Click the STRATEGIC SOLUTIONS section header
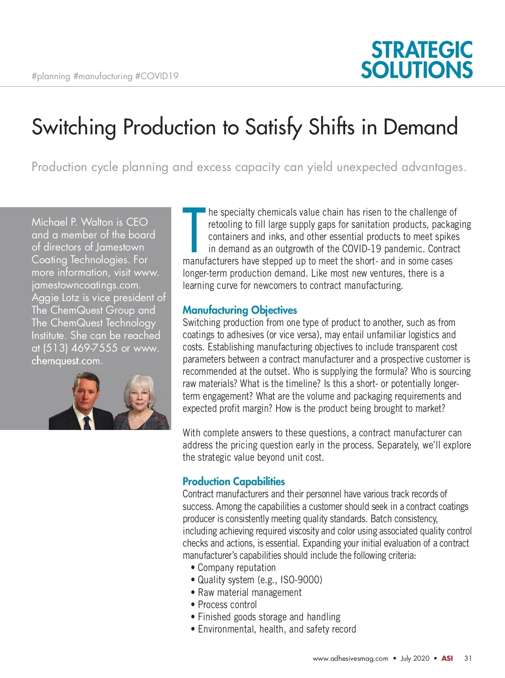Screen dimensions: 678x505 click(x=417, y=60)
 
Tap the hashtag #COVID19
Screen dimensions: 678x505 click(x=157, y=76)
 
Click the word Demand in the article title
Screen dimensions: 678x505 click(x=420, y=127)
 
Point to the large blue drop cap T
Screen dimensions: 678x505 click(x=194, y=229)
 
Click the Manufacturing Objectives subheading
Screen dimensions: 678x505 click(x=239, y=310)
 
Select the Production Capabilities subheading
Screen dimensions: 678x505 click(x=234, y=481)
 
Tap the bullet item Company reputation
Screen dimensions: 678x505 click(x=237, y=568)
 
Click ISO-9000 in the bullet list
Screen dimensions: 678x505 click(x=301, y=580)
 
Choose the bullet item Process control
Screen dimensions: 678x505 click(x=227, y=605)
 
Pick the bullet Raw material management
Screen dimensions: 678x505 click(x=250, y=593)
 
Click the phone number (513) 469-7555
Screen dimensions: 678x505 click(x=80, y=348)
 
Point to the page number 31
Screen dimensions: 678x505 click(x=468, y=658)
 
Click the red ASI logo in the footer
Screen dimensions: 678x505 click(x=447, y=658)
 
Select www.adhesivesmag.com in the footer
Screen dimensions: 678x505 click(x=350, y=659)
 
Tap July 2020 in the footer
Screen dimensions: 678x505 click(x=415, y=658)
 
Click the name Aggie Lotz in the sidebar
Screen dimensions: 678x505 click(x=55, y=298)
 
